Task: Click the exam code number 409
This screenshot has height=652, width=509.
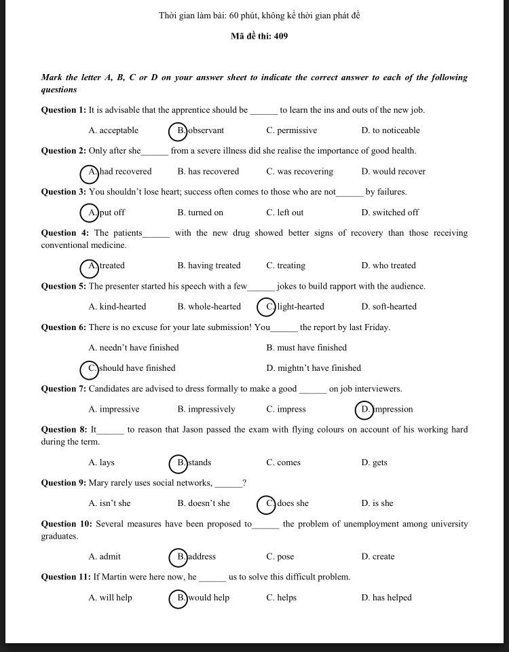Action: tap(281, 36)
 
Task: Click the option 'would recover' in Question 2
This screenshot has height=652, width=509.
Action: tap(393, 171)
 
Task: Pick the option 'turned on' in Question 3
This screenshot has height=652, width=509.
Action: tap(200, 213)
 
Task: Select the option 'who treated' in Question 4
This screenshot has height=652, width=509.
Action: tap(388, 266)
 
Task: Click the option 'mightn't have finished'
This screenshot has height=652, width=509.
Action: tap(314, 368)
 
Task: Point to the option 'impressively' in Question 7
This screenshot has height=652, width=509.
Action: tap(206, 409)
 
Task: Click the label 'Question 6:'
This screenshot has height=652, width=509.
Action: tap(64, 327)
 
